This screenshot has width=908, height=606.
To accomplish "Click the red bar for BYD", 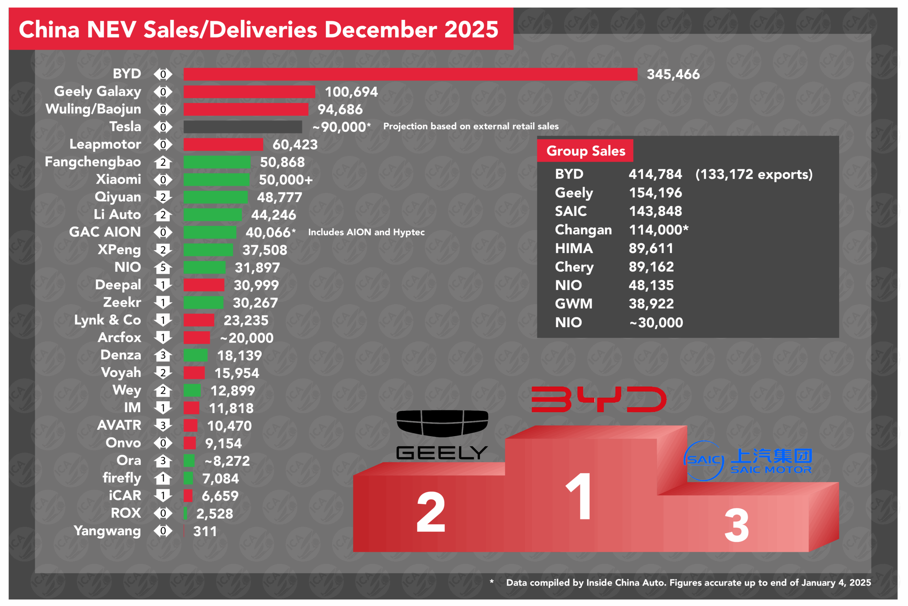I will pyautogui.click(x=410, y=74).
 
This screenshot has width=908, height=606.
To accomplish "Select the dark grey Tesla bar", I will pyautogui.click(x=243, y=127).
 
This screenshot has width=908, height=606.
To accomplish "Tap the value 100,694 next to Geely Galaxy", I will pyautogui.click(x=351, y=92).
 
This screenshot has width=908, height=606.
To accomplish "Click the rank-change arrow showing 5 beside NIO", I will pyautogui.click(x=163, y=268).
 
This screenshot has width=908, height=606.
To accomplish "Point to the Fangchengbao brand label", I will pyautogui.click(x=93, y=162).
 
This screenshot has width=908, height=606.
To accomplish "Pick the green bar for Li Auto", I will pyautogui.click(x=213, y=214).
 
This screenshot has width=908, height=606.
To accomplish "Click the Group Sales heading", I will pyautogui.click(x=585, y=151).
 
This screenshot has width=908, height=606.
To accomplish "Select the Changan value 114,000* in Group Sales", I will pyautogui.click(x=658, y=230).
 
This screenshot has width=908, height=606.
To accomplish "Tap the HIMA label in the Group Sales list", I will pyautogui.click(x=574, y=248).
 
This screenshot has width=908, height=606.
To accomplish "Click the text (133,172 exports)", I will pyautogui.click(x=754, y=174).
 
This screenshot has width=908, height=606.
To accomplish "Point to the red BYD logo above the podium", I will pyautogui.click(x=599, y=399).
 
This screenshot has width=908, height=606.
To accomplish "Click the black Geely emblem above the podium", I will pyautogui.click(x=442, y=423).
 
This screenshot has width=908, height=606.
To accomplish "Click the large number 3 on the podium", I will pyautogui.click(x=736, y=526).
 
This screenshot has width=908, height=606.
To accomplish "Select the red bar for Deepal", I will pyautogui.click(x=204, y=285).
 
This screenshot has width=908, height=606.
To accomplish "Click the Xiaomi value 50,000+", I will pyautogui.click(x=286, y=180).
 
